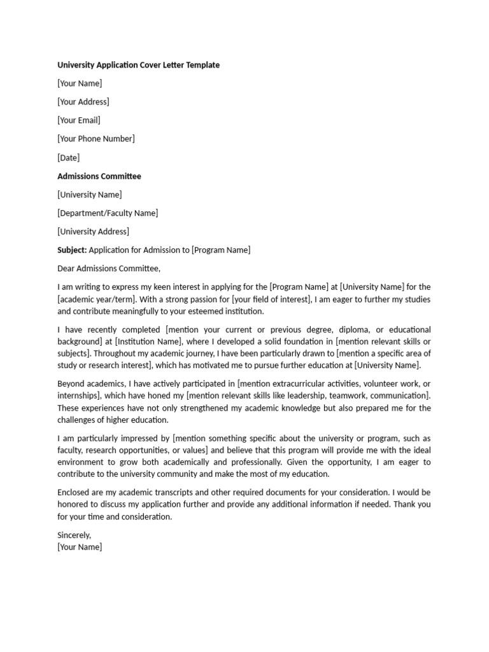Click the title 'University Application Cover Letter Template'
pyautogui.click(x=138, y=65)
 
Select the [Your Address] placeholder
pyautogui.click(x=83, y=102)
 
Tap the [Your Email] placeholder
pyautogui.click(x=78, y=120)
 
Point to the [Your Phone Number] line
pyautogui.click(x=96, y=139)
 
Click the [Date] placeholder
pyautogui.click(x=68, y=157)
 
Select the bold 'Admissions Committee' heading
pyautogui.click(x=99, y=176)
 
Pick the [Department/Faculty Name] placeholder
pyautogui.click(x=108, y=213)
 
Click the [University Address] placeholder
pyautogui.click(x=93, y=232)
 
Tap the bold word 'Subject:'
pyautogui.click(x=72, y=250)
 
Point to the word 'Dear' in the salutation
pyautogui.click(x=66, y=269)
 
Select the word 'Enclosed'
pyautogui.click(x=74, y=493)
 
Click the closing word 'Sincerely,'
pyautogui.click(x=74, y=535)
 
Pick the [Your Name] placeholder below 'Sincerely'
pyautogui.click(x=79, y=547)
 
